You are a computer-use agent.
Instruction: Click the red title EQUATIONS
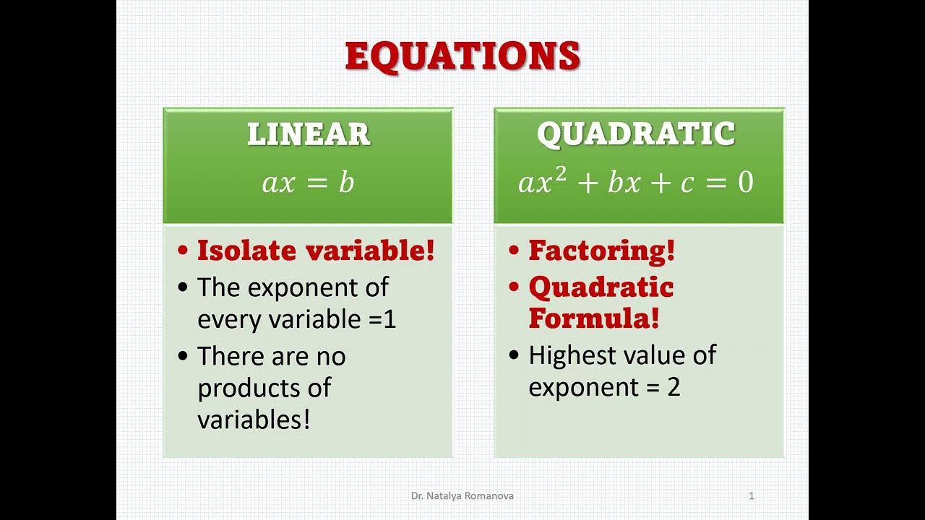pos(462,56)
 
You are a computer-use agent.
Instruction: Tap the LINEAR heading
pos(309,135)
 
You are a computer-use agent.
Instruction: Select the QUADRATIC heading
pos(636,135)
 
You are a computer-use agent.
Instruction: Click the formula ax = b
pos(308,183)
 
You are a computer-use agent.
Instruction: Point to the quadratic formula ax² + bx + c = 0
pos(636,182)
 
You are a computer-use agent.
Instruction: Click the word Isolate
pos(246,251)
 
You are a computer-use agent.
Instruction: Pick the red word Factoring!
pos(601,251)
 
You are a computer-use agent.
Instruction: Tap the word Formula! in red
pos(593,318)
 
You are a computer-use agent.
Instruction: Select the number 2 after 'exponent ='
pos(674,388)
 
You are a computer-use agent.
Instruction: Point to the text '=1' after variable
pos(383,319)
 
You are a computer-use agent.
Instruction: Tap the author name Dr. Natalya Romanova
pos(462,496)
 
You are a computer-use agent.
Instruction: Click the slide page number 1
pos(752,496)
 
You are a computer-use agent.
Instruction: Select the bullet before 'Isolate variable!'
pos(184,252)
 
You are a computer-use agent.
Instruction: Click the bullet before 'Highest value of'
pos(514,356)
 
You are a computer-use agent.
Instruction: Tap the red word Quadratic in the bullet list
pos(601,287)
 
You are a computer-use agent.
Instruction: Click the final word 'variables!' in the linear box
pos(254,420)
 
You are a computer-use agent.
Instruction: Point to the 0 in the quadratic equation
pos(745,183)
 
